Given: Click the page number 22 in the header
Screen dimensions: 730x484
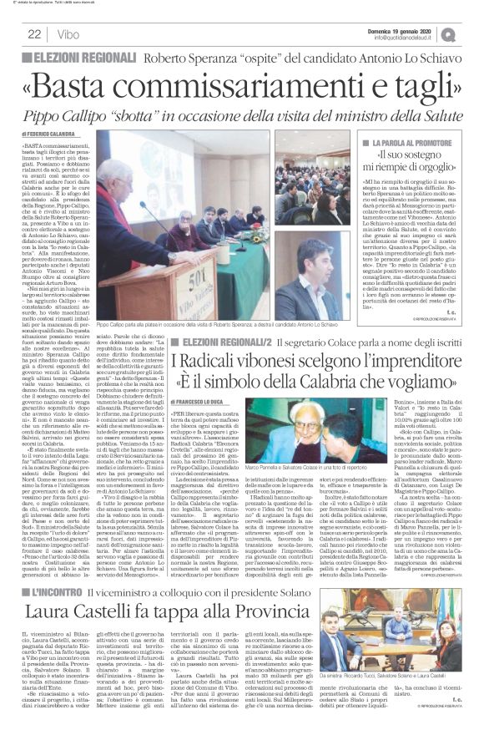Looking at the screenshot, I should pos(34,33).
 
